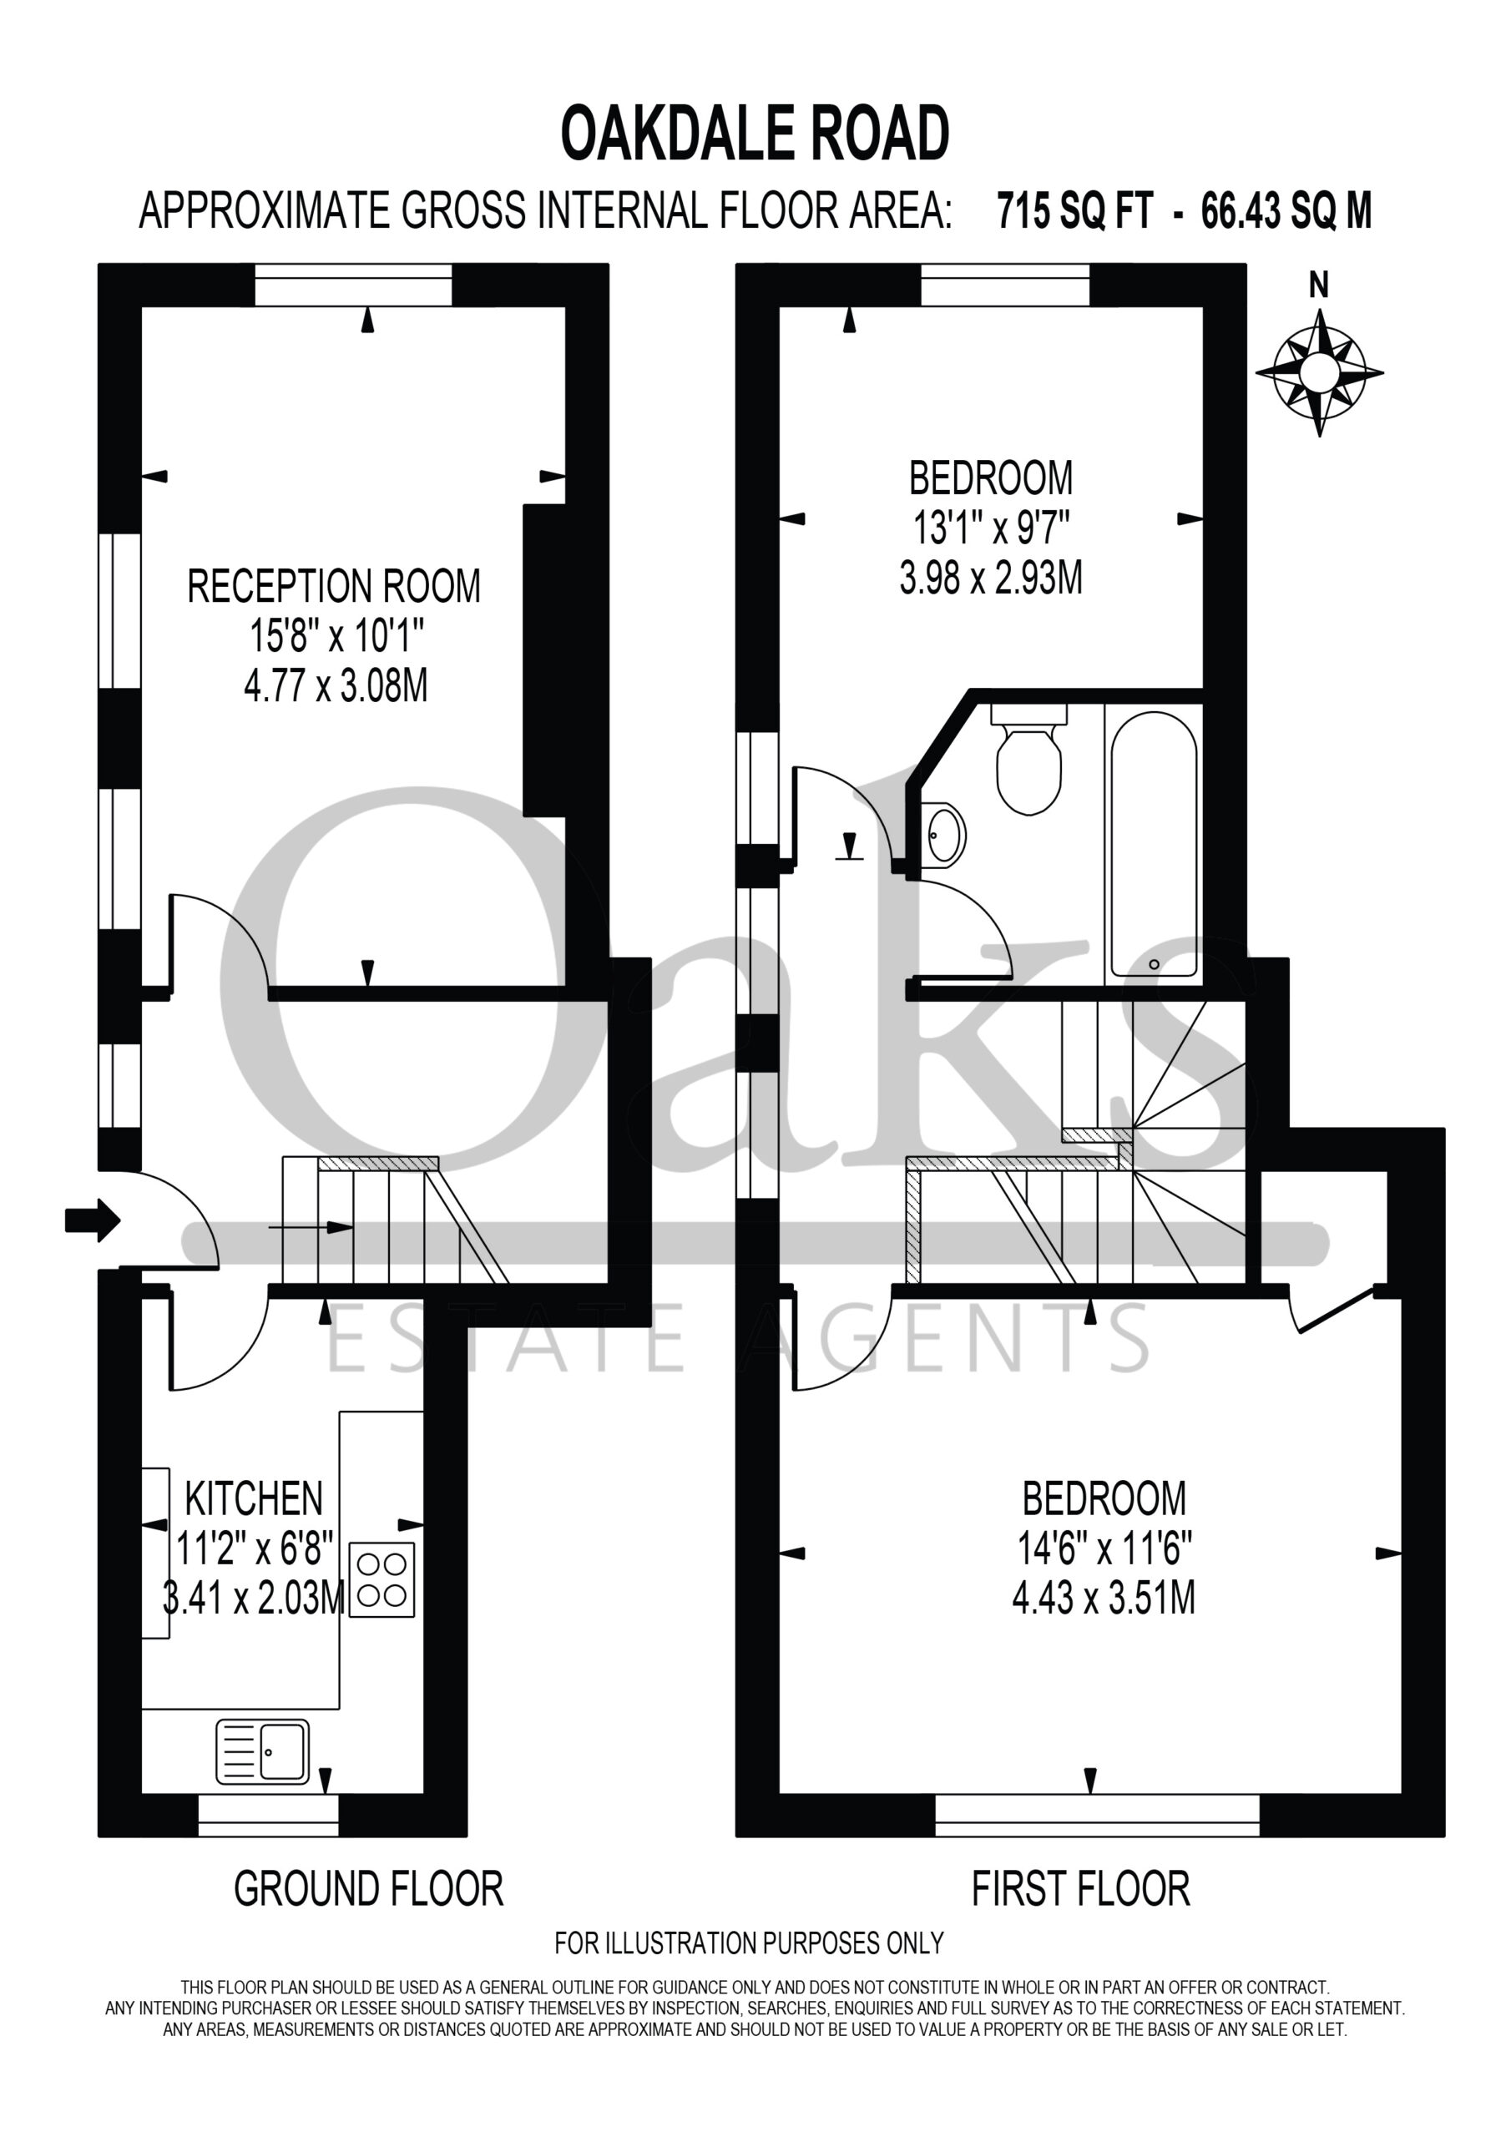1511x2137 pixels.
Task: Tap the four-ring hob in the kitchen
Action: pos(382,1579)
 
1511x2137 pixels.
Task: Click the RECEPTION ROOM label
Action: pos(334,586)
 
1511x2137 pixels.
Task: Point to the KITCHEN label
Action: pos(254,1498)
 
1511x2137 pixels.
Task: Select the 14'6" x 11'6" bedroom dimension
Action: pos(1104,1549)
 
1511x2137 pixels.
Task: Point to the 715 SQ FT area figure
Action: pos(1075,211)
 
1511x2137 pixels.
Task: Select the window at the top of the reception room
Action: pos(354,284)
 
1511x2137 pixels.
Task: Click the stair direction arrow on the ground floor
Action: pos(311,1228)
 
